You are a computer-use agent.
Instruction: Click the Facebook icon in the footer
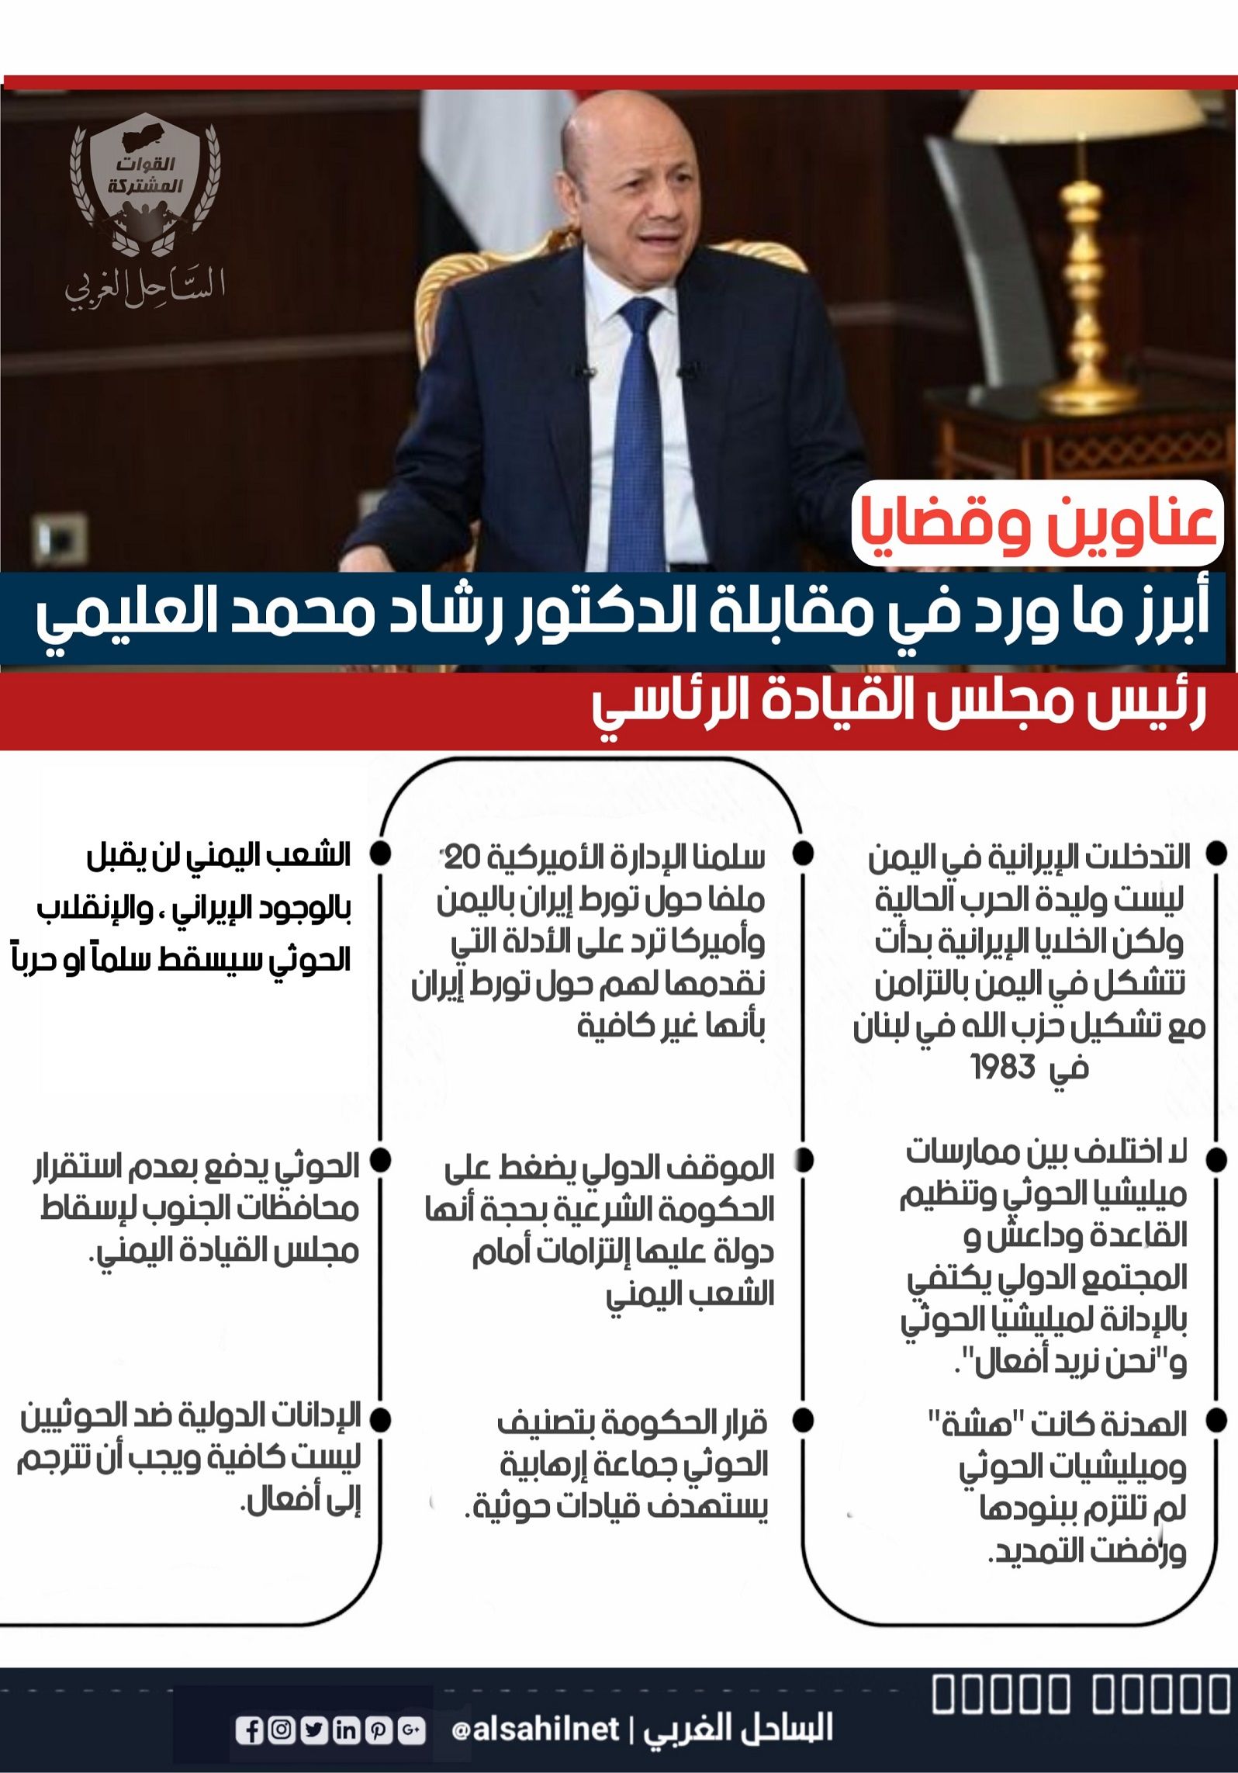point(250,1730)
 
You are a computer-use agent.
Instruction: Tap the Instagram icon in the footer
point(282,1730)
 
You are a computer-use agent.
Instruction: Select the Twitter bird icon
point(314,1730)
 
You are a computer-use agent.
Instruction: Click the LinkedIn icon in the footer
point(347,1730)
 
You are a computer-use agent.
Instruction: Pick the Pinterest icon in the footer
point(379,1730)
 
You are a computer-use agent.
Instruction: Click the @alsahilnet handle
point(535,1729)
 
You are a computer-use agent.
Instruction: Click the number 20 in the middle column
point(463,857)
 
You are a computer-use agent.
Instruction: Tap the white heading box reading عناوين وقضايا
point(1036,522)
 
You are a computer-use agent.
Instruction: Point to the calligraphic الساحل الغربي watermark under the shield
point(144,286)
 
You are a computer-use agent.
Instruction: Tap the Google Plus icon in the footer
point(411,1730)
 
